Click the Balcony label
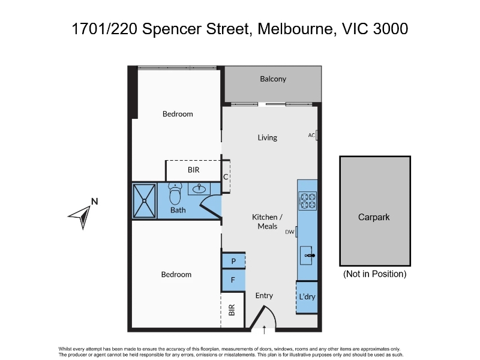tap(273, 79)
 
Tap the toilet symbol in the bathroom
tap(175, 194)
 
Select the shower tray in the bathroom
tap(144, 201)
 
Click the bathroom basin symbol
tap(199, 188)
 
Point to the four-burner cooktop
tap(307, 201)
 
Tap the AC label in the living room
tap(311, 135)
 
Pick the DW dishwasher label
tap(290, 232)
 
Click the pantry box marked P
tap(233, 261)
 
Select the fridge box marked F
tap(233, 280)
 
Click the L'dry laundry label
tap(307, 296)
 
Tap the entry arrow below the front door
tap(264, 330)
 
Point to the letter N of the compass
tap(95, 202)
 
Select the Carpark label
tap(374, 217)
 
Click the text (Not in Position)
tap(374, 274)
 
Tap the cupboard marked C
tap(226, 176)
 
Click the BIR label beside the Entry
tap(232, 310)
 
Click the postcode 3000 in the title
tap(391, 29)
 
